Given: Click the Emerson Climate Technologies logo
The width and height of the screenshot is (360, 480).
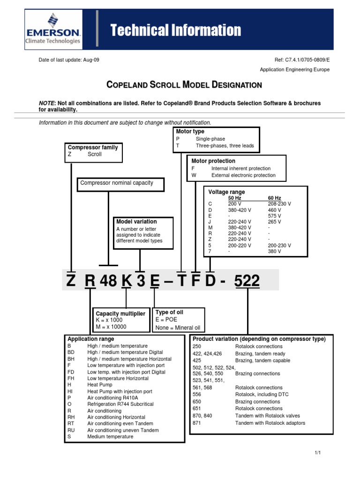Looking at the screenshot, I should tap(53, 29).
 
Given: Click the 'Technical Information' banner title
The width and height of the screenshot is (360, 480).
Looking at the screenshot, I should tap(176, 31).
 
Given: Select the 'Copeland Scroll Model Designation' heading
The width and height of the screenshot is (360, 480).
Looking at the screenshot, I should tap(184, 85).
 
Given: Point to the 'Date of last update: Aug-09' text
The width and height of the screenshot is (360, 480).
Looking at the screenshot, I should tap(68, 60).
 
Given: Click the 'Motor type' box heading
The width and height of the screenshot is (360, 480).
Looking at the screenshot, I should tap(190, 132).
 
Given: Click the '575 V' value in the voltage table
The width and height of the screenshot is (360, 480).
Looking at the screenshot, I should tap(274, 216).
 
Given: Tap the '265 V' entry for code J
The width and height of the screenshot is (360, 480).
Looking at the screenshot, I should tap(274, 222).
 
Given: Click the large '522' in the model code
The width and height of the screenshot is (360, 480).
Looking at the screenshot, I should tap(247, 281).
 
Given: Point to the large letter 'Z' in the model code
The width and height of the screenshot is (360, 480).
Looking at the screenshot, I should tap(71, 281).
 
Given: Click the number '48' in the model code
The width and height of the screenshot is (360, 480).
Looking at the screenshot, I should tap(108, 281).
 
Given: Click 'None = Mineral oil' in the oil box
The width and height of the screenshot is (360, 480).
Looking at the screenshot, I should tap(178, 328).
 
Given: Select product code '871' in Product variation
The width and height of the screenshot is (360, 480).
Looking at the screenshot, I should tap(197, 423).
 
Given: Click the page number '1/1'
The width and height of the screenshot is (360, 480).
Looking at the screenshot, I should tap(317, 452).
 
